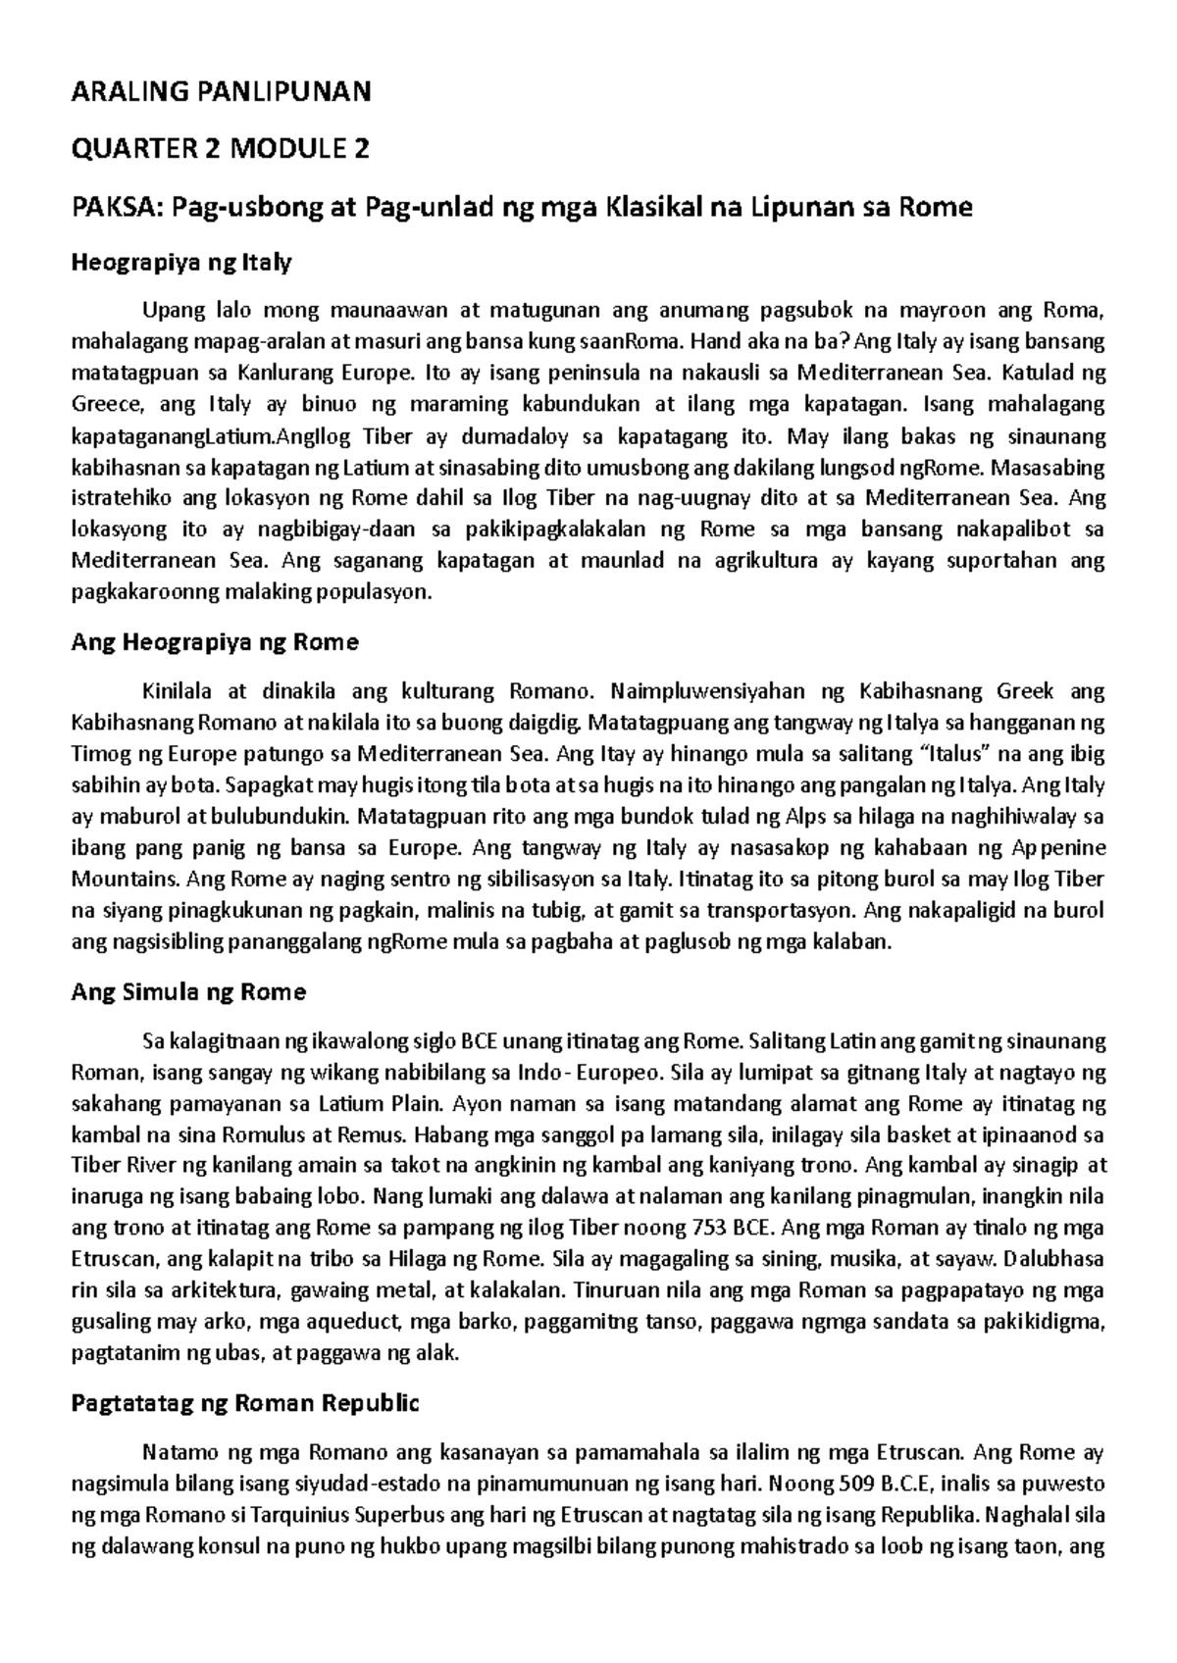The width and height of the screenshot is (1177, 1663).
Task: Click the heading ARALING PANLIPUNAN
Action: [222, 93]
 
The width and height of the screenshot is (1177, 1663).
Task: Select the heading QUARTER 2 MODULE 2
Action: [222, 150]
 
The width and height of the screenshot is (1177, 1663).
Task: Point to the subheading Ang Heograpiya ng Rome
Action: [216, 642]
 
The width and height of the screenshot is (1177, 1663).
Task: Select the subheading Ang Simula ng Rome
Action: [189, 992]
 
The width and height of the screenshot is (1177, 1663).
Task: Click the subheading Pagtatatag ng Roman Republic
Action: [245, 1403]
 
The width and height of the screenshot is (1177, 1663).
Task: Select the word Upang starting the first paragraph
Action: [170, 311]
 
